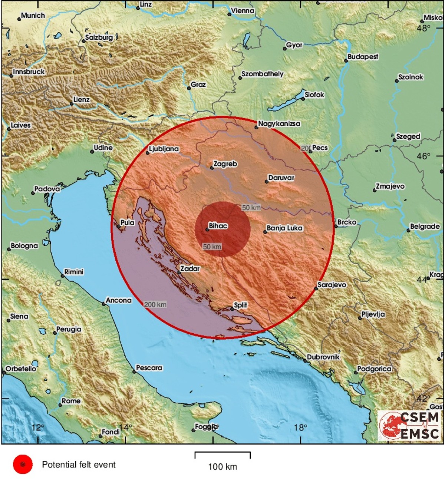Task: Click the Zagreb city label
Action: coord(225,164)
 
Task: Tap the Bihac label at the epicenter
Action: coord(218,225)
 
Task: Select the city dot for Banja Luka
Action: coord(265,232)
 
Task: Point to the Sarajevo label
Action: coord(332,285)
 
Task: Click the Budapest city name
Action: coord(363,57)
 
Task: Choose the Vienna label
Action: coord(243,11)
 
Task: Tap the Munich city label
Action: coord(33,16)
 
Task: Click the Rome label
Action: coord(71,401)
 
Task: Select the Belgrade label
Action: coord(425,226)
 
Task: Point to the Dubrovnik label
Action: coord(323,357)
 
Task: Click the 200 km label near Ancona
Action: coord(155,304)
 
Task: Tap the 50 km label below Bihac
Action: coord(212,247)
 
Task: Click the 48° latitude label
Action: coord(423,28)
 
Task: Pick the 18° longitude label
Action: coord(300,427)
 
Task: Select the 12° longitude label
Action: coord(38,427)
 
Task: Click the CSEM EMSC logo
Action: coord(411,425)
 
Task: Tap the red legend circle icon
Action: coord(23,464)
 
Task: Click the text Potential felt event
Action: coord(79,465)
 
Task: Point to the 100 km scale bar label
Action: coord(222,467)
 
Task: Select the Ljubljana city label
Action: coord(164,149)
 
